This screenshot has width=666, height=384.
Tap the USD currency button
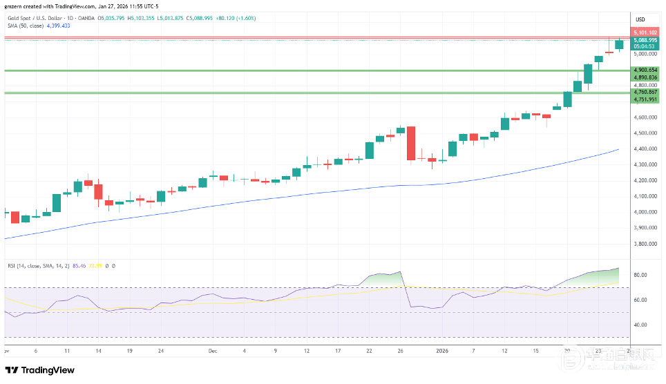(640, 19)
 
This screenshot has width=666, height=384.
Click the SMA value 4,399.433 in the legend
(57, 25)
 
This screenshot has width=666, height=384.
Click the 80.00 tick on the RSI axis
(639, 275)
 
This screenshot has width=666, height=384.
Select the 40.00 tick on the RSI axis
(639, 325)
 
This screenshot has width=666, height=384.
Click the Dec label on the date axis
(213, 350)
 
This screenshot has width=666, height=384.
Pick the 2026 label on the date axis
(443, 350)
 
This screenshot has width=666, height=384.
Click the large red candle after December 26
(411, 143)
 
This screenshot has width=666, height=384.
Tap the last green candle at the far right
(619, 44)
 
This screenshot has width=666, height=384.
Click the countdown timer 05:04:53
(644, 47)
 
